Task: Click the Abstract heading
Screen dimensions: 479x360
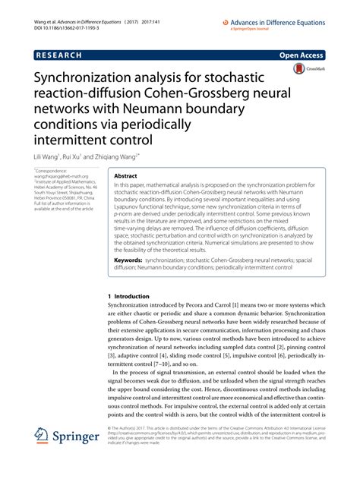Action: [x=125, y=174]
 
